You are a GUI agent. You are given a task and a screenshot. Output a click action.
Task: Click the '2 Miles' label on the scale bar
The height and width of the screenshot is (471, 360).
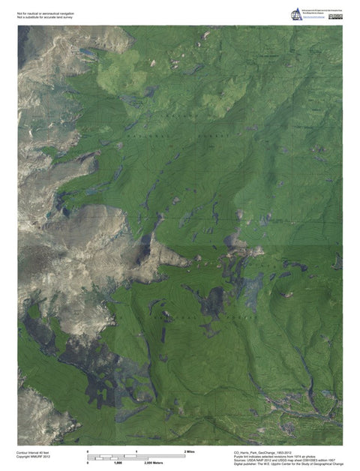(189, 451)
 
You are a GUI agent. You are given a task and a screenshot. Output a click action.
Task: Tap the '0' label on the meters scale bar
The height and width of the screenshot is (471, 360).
(89, 463)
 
